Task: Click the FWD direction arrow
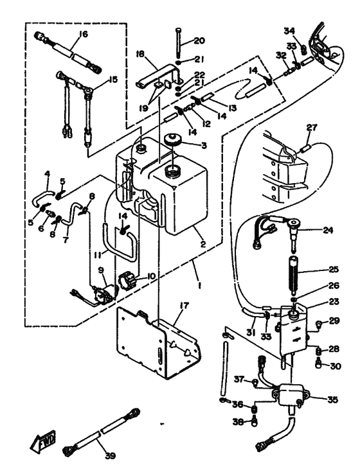tap(43, 438)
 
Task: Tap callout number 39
tap(111, 455)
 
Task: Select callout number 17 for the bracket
tap(183, 306)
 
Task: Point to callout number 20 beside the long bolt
tap(199, 40)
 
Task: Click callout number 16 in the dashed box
tap(82, 34)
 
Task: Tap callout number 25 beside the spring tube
tap(333, 269)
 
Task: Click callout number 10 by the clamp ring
tap(150, 276)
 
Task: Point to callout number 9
tap(102, 270)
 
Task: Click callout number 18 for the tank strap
tap(141, 54)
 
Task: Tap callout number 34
tap(289, 31)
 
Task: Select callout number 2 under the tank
tap(203, 244)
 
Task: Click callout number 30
tap(335, 366)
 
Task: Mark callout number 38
tap(239, 421)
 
